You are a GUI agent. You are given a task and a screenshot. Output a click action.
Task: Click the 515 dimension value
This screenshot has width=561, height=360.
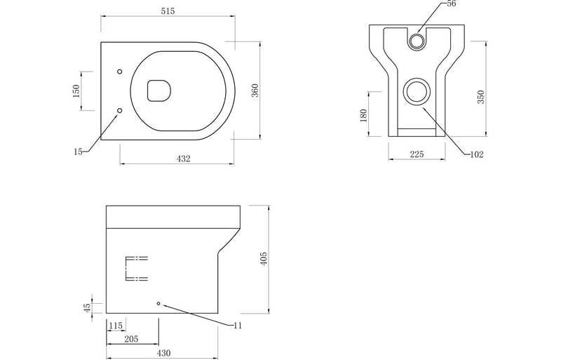coord(166,11)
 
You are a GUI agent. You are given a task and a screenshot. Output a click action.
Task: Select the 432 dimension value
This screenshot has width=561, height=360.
coord(183,159)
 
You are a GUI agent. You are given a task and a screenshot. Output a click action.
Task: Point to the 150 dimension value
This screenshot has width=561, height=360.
coord(76,91)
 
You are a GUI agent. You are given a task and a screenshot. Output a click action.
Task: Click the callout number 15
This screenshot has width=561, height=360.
coord(77,151)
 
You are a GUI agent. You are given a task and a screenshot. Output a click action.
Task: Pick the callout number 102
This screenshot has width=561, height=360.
coord(477,154)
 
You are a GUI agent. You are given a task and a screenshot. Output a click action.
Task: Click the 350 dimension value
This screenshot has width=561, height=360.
coord(480,98)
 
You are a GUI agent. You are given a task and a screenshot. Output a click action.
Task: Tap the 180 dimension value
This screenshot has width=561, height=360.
coord(363,114)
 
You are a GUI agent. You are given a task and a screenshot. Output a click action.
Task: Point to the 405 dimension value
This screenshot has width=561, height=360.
coord(264,260)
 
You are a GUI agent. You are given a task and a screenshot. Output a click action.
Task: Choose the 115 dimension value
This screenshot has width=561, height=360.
coord(116,326)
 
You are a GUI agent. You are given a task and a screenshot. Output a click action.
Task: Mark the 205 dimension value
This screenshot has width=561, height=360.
coord(130,339)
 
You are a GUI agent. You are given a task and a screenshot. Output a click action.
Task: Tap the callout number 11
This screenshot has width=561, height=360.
coord(238,325)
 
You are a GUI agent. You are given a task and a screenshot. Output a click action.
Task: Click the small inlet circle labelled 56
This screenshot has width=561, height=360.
coord(416,41)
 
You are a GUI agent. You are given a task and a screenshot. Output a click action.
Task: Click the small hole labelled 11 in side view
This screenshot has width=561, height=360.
coord(159,303)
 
